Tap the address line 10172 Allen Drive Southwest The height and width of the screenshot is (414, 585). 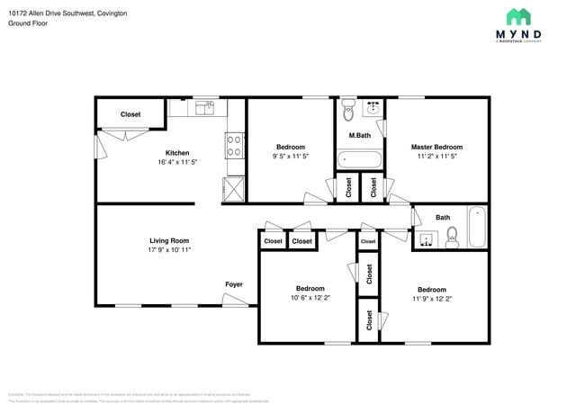point(67,13)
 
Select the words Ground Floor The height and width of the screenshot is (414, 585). point(28,23)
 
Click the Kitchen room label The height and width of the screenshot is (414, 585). point(176,153)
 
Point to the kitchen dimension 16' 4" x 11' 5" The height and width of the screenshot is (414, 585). point(176,163)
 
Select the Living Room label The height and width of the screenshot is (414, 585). point(169,240)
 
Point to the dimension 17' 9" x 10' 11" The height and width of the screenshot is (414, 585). point(169,250)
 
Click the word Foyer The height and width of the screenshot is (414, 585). point(234,284)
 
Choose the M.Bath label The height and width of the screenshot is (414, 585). point(359,136)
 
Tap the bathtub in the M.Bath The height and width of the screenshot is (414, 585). point(359,160)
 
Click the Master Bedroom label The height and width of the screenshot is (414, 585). point(436,147)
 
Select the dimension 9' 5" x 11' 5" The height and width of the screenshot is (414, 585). point(291,157)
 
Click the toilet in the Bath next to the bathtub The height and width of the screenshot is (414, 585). point(453,236)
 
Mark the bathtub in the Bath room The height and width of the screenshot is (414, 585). point(476,227)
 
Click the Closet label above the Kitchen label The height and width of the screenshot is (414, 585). point(130,114)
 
